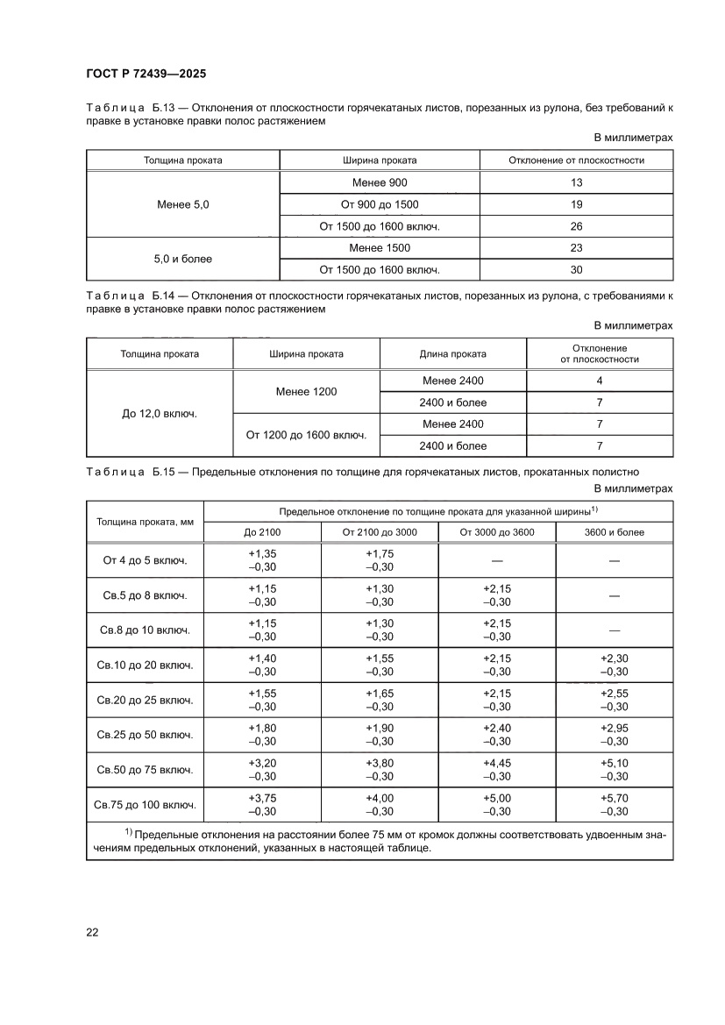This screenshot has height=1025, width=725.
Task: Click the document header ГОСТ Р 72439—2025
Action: (x=146, y=75)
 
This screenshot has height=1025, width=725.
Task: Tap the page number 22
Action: (x=92, y=932)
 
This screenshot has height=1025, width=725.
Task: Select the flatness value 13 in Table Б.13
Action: (x=576, y=183)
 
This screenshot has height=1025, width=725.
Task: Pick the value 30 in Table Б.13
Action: (x=576, y=270)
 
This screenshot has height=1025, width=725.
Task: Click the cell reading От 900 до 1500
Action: (x=380, y=205)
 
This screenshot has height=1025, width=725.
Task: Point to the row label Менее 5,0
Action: (x=182, y=205)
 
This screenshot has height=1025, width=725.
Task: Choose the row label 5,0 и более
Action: (x=182, y=260)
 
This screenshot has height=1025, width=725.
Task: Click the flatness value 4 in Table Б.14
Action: (x=599, y=381)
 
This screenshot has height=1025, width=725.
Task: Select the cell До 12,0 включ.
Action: (x=160, y=413)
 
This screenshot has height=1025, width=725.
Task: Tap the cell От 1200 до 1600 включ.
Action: (x=306, y=435)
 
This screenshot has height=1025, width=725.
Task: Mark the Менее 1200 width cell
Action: (x=306, y=392)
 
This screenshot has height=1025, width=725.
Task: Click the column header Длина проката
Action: (x=452, y=354)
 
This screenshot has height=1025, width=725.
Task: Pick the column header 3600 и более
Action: (x=614, y=532)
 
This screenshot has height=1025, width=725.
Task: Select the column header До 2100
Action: (x=262, y=532)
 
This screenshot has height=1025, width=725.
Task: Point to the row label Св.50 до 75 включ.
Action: (x=145, y=770)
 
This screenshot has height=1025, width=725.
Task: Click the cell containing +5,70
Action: (x=614, y=798)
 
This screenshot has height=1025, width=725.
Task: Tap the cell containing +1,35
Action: (x=262, y=554)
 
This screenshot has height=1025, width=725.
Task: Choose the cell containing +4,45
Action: (x=496, y=764)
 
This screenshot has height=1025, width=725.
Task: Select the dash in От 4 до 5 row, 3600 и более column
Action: (x=614, y=561)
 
